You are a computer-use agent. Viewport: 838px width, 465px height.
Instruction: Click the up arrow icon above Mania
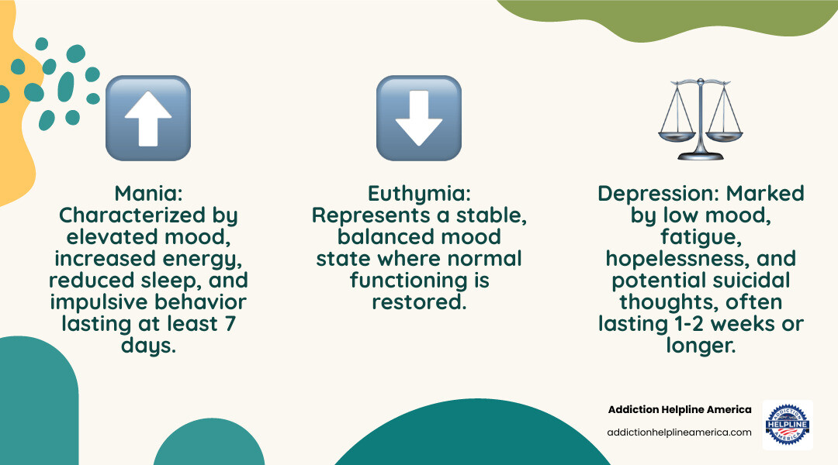[147, 118]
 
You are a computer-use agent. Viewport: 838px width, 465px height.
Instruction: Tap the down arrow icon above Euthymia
[418, 118]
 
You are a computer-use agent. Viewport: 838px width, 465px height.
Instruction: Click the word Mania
[147, 193]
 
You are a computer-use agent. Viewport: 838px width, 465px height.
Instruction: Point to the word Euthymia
[419, 193]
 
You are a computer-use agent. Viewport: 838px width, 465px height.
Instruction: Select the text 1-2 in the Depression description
[698, 323]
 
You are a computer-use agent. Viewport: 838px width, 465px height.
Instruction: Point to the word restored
[419, 301]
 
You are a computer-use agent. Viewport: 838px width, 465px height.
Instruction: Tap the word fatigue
[701, 236]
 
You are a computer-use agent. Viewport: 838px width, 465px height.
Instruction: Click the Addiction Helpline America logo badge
[787, 425]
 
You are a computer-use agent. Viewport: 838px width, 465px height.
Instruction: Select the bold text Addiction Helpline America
[680, 410]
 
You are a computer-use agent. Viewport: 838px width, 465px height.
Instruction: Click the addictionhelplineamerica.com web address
[680, 432]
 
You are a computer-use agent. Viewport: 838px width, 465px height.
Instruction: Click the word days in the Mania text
[147, 345]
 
